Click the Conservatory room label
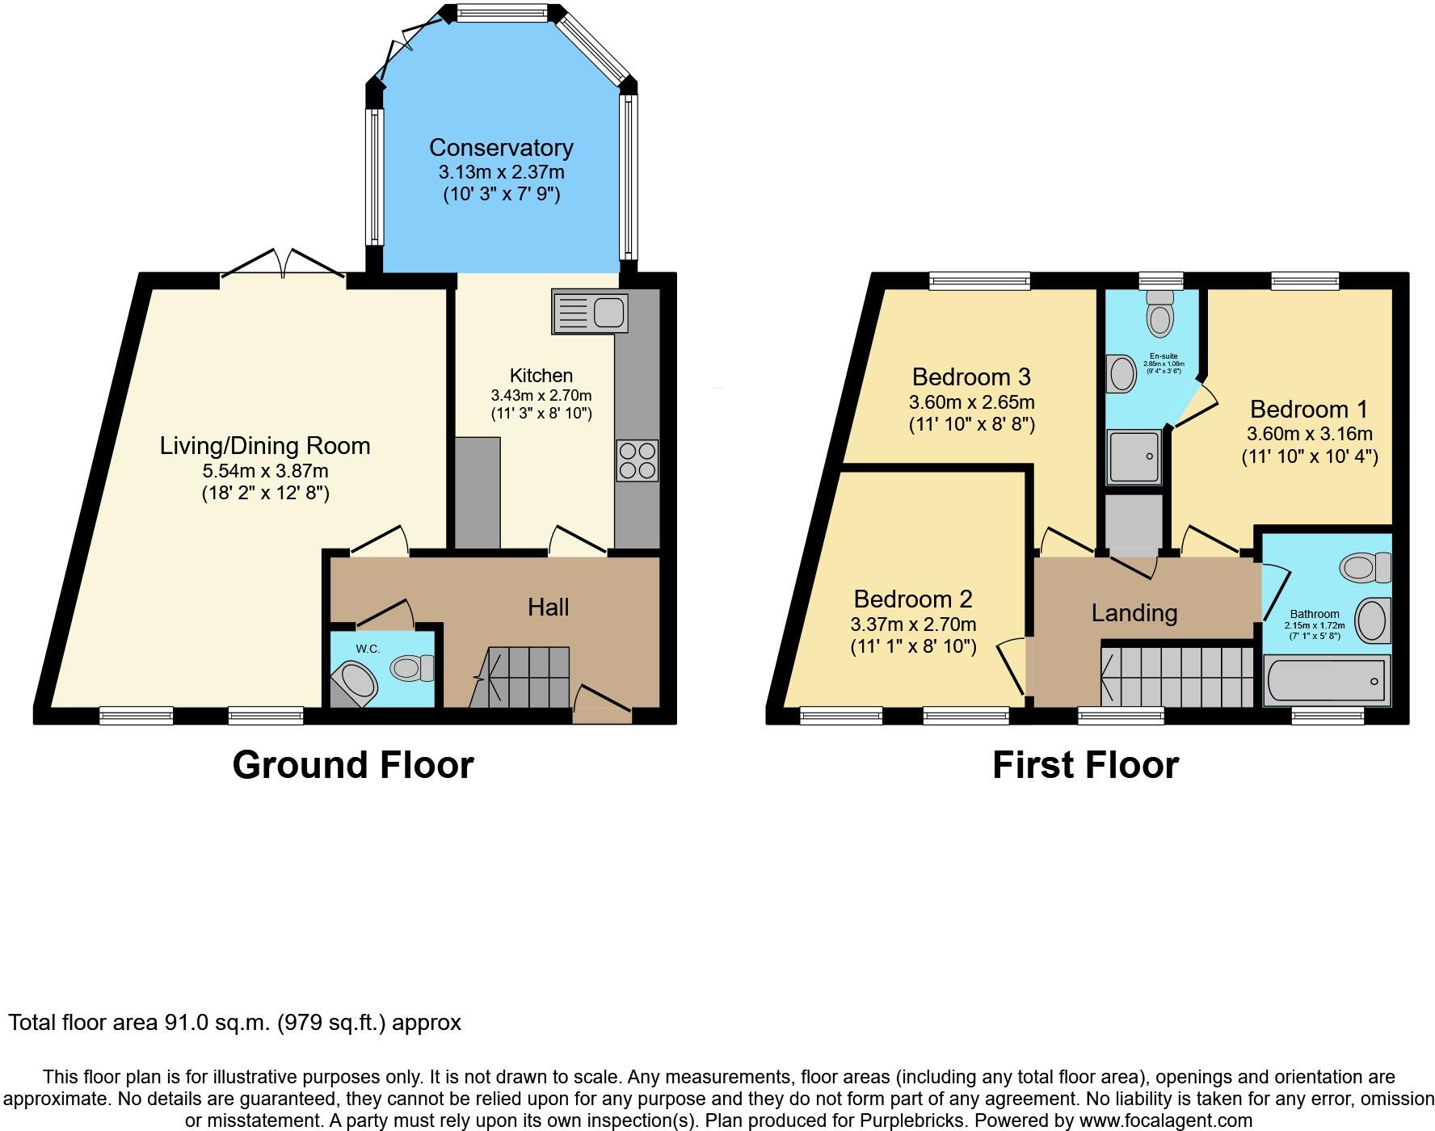pyautogui.click(x=501, y=148)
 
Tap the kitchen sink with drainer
pyautogui.click(x=590, y=311)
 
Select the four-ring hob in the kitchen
pyautogui.click(x=637, y=460)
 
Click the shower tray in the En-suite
pyautogui.click(x=1134, y=457)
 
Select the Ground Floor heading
pyautogui.click(x=352, y=765)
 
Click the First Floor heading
pyautogui.click(x=1085, y=765)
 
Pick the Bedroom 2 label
pyautogui.click(x=913, y=599)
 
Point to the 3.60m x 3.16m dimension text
pyautogui.click(x=1309, y=433)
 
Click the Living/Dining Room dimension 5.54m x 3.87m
pyautogui.click(x=265, y=470)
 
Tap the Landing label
pyautogui.click(x=1134, y=613)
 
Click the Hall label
pyautogui.click(x=548, y=608)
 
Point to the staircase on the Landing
pyautogui.click(x=1176, y=675)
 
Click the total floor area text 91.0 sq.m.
pyautogui.click(x=234, y=1023)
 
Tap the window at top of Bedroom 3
pyautogui.click(x=979, y=281)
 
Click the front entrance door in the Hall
pyautogui.click(x=602, y=704)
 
